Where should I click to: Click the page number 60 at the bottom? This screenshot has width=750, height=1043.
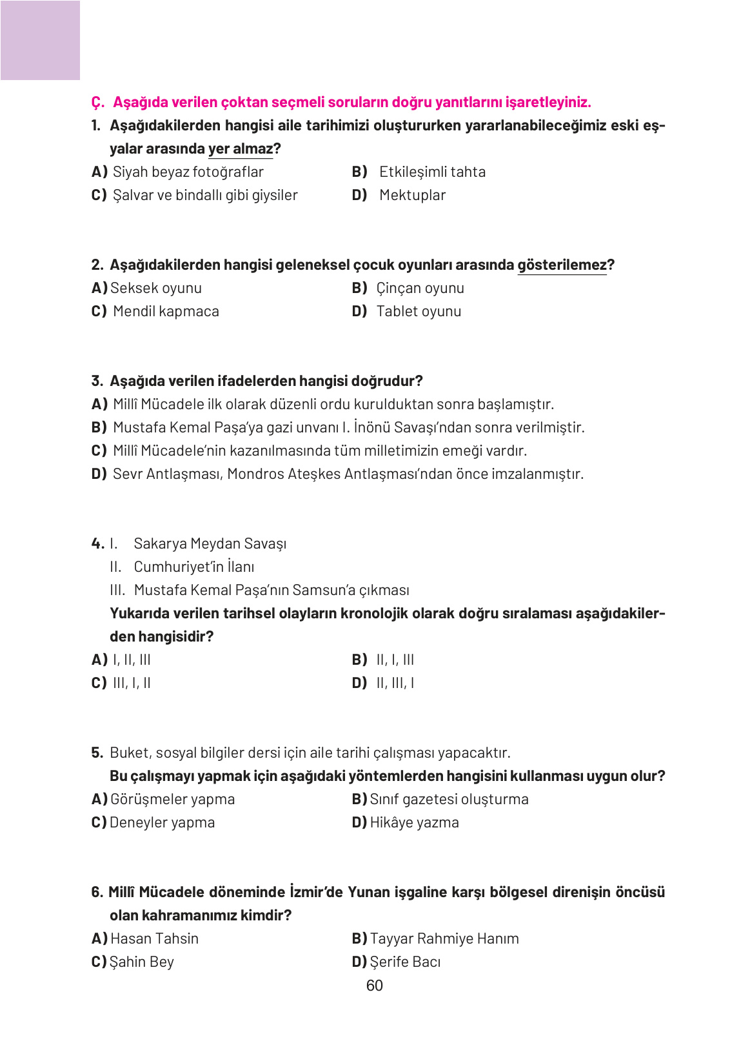click(x=374, y=986)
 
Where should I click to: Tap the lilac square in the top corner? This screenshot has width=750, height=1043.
click(x=40, y=40)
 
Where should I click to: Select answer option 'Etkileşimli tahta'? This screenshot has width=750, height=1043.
click(x=431, y=172)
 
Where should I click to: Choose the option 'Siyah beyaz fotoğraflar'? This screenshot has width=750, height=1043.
click(x=188, y=172)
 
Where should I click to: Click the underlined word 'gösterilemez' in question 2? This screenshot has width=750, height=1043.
click(x=562, y=265)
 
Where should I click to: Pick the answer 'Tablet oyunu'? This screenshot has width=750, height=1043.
click(x=418, y=311)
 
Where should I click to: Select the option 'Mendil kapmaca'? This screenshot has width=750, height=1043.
click(x=166, y=311)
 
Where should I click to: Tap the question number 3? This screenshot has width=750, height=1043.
click(x=97, y=381)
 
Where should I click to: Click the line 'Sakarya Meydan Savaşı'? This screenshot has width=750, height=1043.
click(x=210, y=543)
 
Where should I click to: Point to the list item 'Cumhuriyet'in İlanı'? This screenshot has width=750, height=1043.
click(x=193, y=567)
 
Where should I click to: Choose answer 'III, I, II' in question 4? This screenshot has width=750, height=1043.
click(x=132, y=683)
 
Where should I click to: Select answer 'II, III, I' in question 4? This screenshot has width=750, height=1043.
click(x=395, y=683)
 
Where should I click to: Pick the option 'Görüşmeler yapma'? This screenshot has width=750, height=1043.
click(x=172, y=799)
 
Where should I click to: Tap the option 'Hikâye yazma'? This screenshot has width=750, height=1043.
click(x=414, y=822)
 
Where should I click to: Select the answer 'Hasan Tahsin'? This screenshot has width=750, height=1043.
click(x=154, y=938)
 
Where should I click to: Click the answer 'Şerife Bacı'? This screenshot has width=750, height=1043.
click(x=405, y=962)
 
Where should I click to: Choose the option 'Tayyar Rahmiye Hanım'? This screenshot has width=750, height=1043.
click(x=444, y=938)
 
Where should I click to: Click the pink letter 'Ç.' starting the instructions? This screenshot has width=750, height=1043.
click(x=97, y=102)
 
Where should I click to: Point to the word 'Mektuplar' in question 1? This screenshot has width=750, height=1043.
click(x=412, y=195)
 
